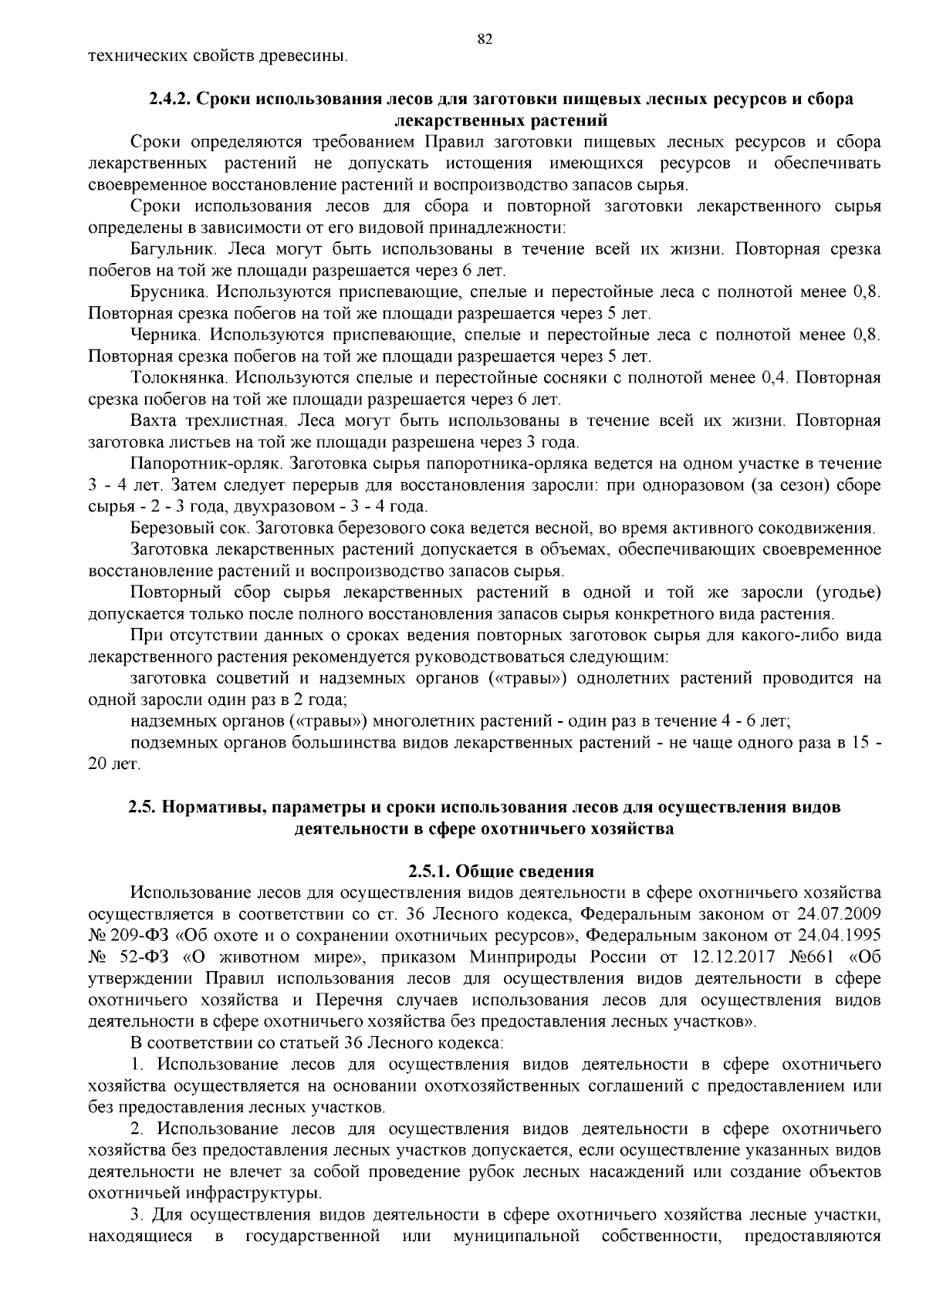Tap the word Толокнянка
179,378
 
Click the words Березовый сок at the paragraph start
190,528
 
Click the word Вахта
155,421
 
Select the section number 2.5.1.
430,872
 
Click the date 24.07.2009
837,915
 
